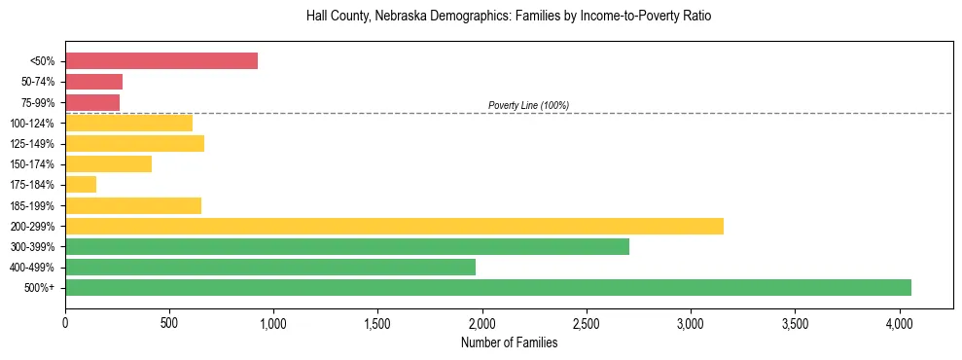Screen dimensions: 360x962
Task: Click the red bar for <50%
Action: click(161, 61)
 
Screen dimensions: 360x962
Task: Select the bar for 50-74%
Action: click(93, 82)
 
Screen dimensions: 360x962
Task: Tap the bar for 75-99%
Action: click(92, 102)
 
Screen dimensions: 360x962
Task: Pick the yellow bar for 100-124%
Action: click(128, 123)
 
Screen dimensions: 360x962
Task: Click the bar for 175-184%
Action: click(81, 185)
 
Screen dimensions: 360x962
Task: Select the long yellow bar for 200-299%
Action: click(394, 226)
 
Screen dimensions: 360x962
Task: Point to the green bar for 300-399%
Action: click(347, 246)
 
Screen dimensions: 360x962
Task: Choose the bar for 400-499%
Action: click(270, 267)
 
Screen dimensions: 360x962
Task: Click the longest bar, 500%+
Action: click(488, 287)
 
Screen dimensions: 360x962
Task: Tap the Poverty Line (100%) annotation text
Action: click(528, 105)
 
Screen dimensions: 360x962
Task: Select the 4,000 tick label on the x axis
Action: click(899, 321)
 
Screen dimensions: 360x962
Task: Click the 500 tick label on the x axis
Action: click(169, 321)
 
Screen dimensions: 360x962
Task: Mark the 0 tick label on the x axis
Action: click(65, 321)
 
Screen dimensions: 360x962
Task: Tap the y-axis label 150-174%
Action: click(32, 164)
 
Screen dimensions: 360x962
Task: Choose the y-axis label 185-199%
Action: click(32, 205)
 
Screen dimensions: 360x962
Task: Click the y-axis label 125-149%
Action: click(32, 144)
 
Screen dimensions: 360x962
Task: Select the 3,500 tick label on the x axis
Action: click(795, 321)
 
